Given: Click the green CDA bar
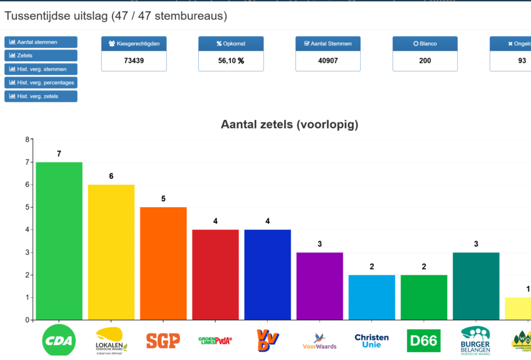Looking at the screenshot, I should tap(59, 241).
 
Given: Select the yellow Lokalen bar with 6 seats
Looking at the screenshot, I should tap(111, 252).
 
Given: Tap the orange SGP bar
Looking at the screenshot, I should tap(163, 263).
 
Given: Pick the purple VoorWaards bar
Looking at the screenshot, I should tap(319, 286).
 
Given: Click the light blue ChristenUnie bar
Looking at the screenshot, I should tap(371, 297).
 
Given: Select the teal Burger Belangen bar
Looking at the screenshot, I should tap(476, 286).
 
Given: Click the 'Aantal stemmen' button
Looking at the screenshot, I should tap(41, 42).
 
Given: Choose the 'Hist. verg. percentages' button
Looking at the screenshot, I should tap(41, 83).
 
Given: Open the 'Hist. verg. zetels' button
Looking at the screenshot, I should tap(41, 96).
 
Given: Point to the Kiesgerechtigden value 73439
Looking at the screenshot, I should tap(134, 61).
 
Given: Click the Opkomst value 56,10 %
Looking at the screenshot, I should tap(231, 61).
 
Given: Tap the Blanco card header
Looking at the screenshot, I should tap(425, 44).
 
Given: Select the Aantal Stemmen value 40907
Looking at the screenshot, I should tap(328, 61).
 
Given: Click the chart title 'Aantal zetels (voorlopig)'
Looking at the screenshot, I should tap(289, 125).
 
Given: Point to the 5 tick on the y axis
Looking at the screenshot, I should tap(26, 207).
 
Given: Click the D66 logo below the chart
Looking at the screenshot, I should tap(423, 340).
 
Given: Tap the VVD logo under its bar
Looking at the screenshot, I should tap(267, 340).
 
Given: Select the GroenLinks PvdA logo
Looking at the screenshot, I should tap(215, 340).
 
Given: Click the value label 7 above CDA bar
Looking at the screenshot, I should tap(59, 154).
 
